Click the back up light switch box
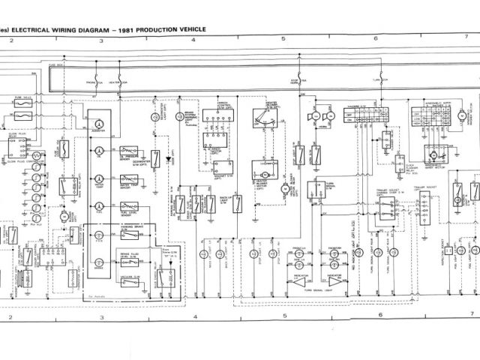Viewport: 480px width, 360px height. pyautogui.click(x=237, y=203)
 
